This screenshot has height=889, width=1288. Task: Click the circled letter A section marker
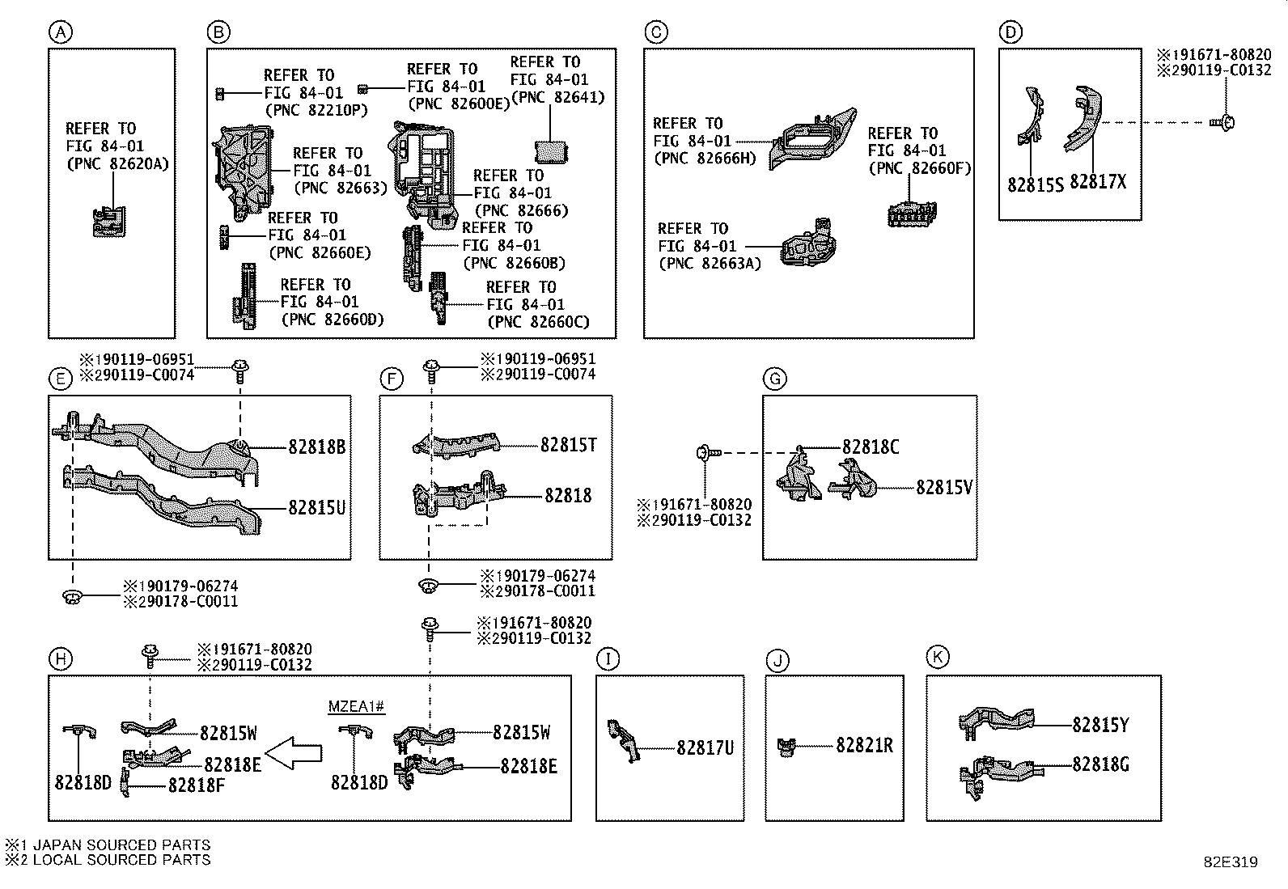(60, 32)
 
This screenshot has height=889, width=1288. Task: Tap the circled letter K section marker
(937, 657)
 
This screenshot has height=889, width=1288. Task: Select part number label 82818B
(317, 447)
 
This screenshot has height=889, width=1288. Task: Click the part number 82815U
(317, 508)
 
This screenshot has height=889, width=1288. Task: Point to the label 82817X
(1098, 183)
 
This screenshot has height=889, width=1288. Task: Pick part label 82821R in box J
(864, 745)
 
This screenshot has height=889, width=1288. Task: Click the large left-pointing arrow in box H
(294, 753)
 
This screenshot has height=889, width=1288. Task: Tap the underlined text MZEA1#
(356, 707)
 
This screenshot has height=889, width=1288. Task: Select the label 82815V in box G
(944, 487)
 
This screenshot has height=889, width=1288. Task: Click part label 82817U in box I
(705, 748)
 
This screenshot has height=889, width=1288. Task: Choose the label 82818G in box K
(1101, 764)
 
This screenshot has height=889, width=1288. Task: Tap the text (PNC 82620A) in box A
(117, 164)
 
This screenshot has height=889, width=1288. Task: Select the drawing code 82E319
(1230, 862)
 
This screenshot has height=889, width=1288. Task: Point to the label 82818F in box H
(197, 785)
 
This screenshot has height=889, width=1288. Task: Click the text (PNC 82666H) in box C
(705, 159)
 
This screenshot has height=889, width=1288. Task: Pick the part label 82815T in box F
(569, 445)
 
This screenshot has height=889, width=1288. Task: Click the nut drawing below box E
(72, 598)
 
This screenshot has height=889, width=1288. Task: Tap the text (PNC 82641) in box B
(558, 97)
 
